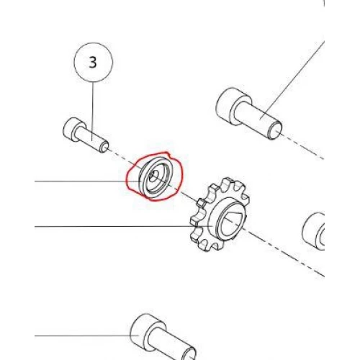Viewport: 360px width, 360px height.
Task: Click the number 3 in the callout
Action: point(93,62)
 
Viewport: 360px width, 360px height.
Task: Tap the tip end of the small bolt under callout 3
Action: point(105,147)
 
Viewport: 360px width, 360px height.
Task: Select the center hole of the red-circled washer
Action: point(152,176)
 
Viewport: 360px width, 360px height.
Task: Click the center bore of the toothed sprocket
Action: point(233,220)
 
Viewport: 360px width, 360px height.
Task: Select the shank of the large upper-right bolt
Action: point(257,117)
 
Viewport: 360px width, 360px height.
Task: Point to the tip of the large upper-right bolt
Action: point(276,131)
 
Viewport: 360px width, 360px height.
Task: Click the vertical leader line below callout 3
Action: point(93,111)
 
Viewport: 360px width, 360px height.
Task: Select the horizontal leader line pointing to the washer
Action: point(87,181)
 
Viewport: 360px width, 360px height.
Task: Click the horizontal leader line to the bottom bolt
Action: point(87,336)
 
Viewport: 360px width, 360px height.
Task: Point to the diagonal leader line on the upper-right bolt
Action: point(293,80)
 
